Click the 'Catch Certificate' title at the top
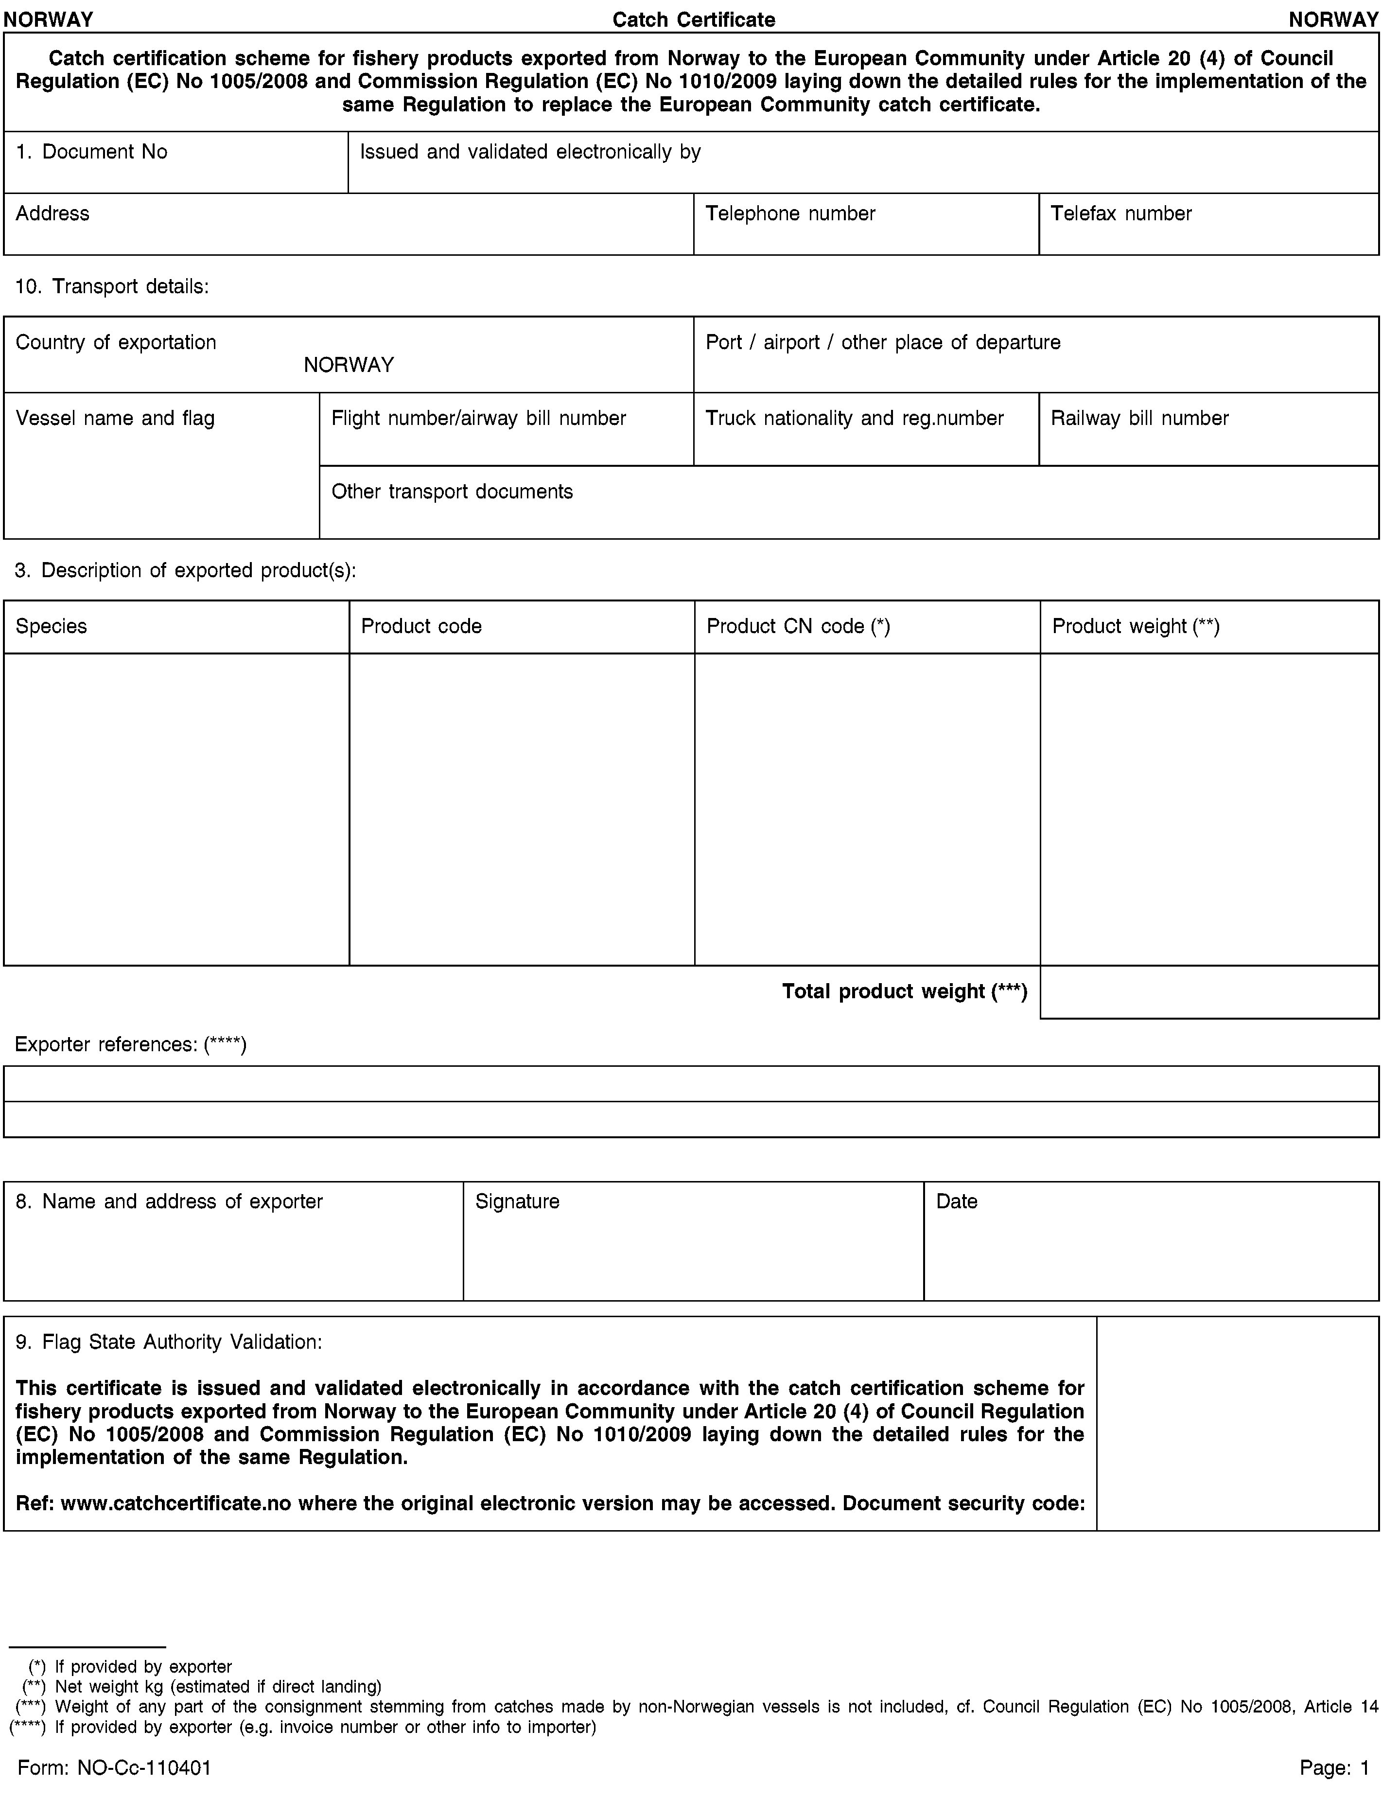coord(694,20)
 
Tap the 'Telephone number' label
coord(790,214)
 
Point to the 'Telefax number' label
coord(1120,214)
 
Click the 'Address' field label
coord(52,214)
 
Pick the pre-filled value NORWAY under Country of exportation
coord(349,365)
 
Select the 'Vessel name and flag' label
coord(115,419)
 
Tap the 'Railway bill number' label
coord(1139,419)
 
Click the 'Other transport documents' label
coord(452,492)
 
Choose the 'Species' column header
coord(51,627)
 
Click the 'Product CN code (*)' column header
coord(798,627)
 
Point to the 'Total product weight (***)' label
coord(904,992)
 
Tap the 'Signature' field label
coord(517,1202)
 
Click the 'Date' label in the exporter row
coord(957,1202)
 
